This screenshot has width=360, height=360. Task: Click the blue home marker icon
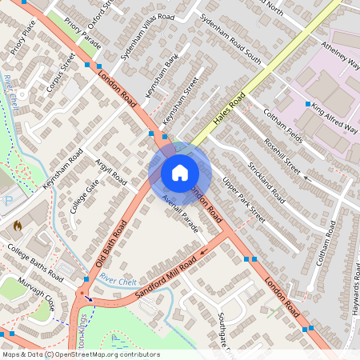pos(180,173)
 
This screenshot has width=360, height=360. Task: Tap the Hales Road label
pos(229,110)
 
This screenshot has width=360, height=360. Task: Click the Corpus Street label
pos(61,73)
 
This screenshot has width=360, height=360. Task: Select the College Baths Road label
pos(35,262)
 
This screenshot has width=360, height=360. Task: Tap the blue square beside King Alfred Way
pos(307,104)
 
